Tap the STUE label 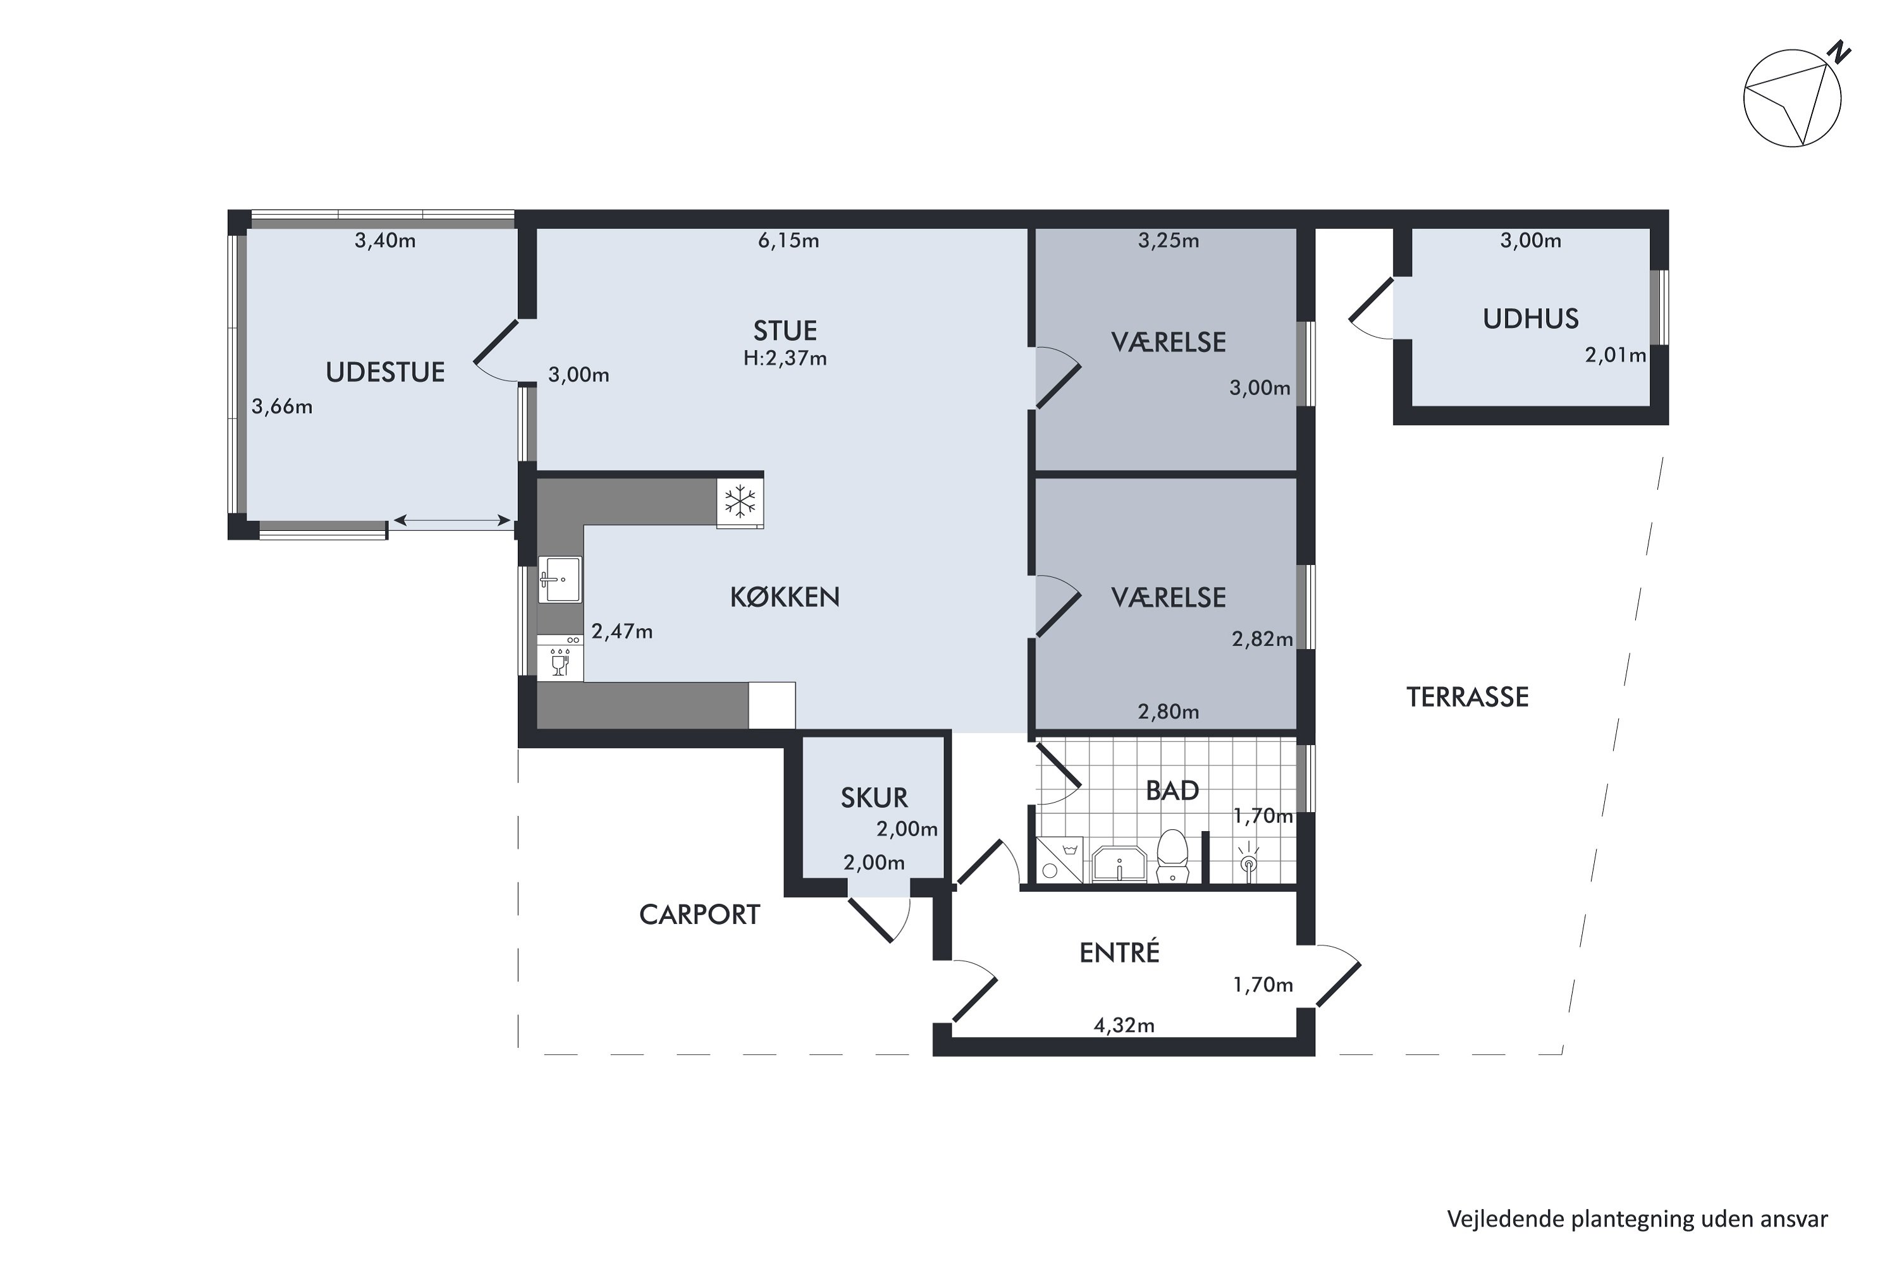pyautogui.click(x=785, y=331)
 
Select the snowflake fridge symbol pyautogui.click(x=740, y=501)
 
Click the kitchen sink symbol pyautogui.click(x=559, y=579)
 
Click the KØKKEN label pyautogui.click(x=785, y=597)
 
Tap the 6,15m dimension pyautogui.click(x=788, y=241)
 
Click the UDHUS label pyautogui.click(x=1530, y=319)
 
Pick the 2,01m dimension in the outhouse pyautogui.click(x=1615, y=355)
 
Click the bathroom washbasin pyautogui.click(x=1119, y=864)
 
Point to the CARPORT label pyautogui.click(x=699, y=915)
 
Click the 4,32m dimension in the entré pyautogui.click(x=1124, y=1025)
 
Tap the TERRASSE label pyautogui.click(x=1467, y=697)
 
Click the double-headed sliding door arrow pyautogui.click(x=451, y=521)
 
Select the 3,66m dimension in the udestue pyautogui.click(x=281, y=407)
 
